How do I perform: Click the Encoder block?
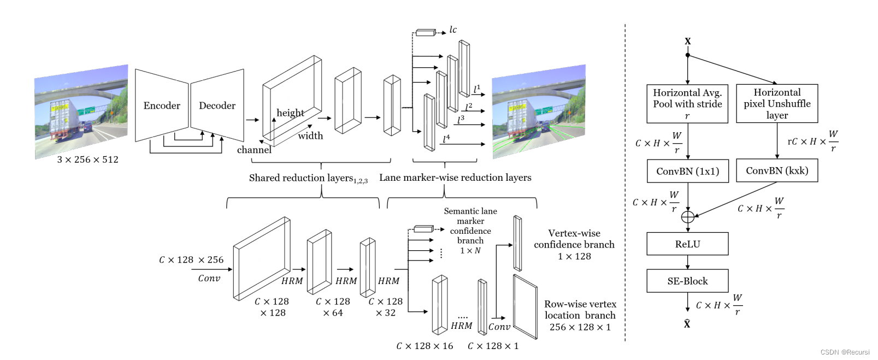(162, 105)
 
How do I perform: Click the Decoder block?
(217, 105)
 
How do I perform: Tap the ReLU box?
(687, 244)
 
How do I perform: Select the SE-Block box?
(687, 281)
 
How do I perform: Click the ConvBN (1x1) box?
(687, 171)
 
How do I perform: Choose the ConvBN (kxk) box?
(776, 170)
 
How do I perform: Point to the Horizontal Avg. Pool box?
(687, 103)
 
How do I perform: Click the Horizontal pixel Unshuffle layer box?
(776, 103)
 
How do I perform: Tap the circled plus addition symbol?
(688, 217)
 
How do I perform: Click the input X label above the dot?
(687, 41)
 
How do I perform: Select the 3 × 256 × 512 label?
(87, 160)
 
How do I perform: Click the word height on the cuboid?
(290, 113)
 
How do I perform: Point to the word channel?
(254, 150)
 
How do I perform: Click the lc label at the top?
(453, 29)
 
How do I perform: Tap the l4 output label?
(446, 139)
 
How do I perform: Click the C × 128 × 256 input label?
(191, 260)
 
